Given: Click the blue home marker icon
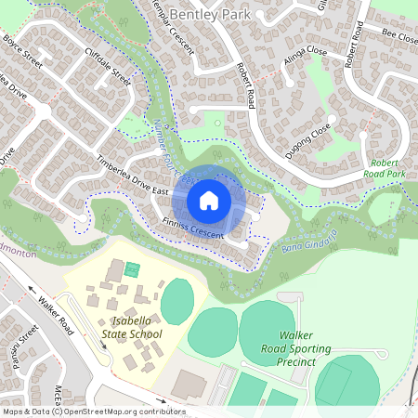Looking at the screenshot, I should point(209,200).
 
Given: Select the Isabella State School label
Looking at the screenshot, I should point(130,328).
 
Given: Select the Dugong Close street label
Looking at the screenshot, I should point(308,140).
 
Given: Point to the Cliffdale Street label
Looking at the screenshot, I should point(108,66).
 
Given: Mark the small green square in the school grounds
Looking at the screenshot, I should point(132,270).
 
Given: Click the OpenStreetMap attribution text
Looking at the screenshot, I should point(93,411).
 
